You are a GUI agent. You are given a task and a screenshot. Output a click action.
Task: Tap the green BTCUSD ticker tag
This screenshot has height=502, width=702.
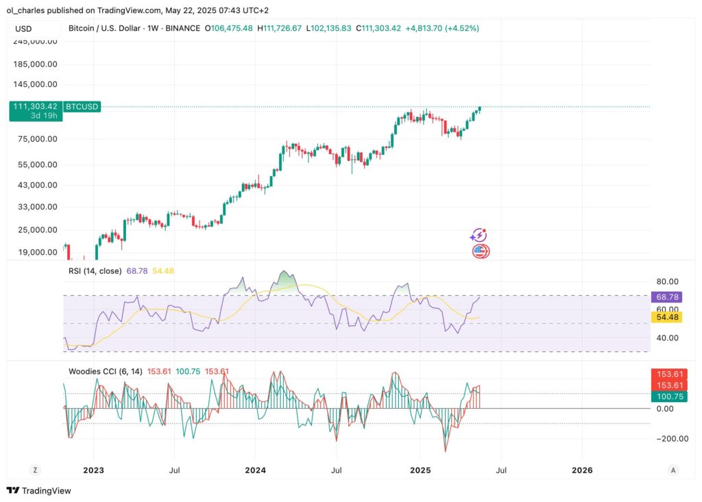click(x=82, y=107)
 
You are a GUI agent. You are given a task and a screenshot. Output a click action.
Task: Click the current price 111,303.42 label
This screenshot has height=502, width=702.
click(x=34, y=107)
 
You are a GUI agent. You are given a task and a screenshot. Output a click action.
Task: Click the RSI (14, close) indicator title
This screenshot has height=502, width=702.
click(x=95, y=271)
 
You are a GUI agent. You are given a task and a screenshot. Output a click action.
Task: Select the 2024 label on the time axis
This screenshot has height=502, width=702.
click(x=256, y=470)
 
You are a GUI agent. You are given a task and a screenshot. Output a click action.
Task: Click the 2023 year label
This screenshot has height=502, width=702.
click(x=93, y=470)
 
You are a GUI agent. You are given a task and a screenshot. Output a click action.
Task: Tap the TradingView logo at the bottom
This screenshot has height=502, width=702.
click(x=39, y=490)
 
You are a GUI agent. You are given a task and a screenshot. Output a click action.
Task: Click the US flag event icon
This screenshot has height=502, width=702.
click(x=481, y=251)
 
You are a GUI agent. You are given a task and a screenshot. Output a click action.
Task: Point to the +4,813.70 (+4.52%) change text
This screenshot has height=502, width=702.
click(x=442, y=28)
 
